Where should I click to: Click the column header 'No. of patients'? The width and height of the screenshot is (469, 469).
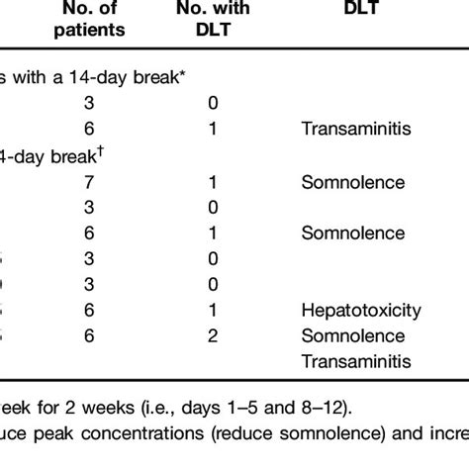pos(90,20)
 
